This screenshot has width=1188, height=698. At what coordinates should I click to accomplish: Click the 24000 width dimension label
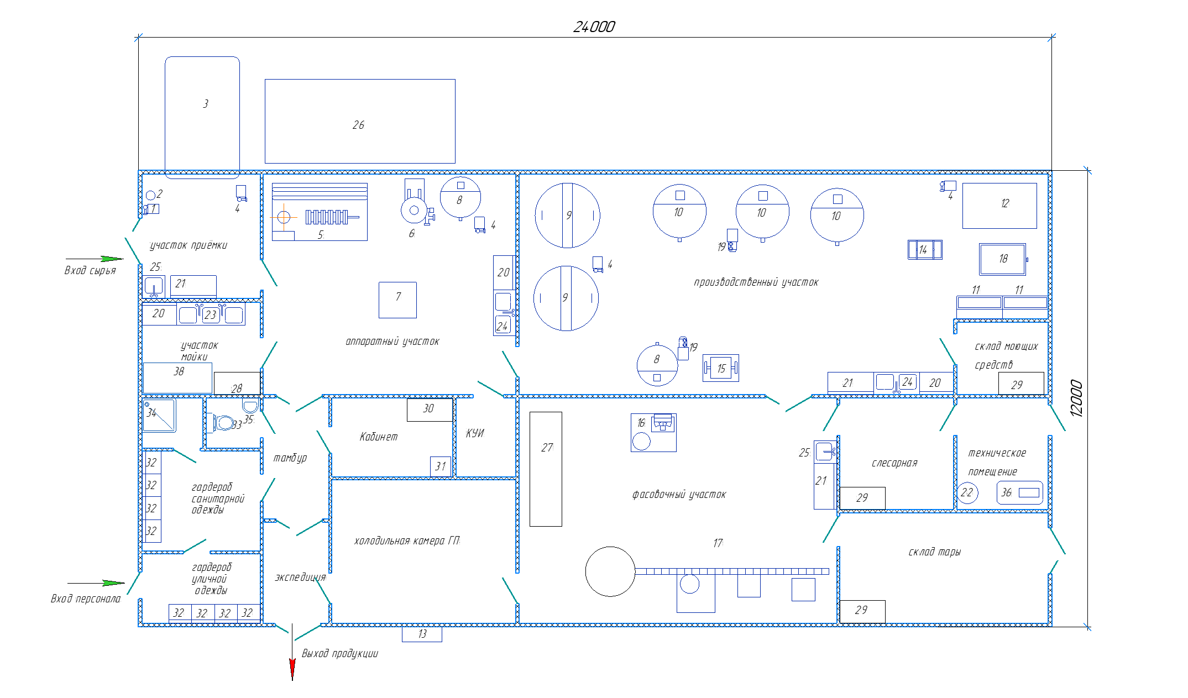594,27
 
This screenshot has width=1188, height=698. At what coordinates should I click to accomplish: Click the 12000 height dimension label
1076,398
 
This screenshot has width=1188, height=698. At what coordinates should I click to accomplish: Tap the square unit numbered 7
397,300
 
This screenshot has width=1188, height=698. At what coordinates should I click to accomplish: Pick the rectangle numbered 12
999,206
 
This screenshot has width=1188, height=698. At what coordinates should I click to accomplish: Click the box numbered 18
1003,259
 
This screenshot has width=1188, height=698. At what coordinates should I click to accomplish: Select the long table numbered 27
546,469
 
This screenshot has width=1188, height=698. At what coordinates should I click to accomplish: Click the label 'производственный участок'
756,282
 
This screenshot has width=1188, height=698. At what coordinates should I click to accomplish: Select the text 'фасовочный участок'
679,495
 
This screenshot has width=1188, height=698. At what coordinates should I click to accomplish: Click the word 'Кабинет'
379,437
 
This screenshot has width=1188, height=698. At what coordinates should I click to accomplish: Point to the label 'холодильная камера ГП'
407,540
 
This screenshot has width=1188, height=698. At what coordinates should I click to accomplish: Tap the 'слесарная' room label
894,463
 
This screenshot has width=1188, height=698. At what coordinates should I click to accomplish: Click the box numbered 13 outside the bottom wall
422,634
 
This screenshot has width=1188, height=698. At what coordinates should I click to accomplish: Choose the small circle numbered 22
967,492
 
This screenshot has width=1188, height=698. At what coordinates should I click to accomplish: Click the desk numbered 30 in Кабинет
430,410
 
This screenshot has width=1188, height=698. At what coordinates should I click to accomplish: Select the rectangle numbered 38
177,378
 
